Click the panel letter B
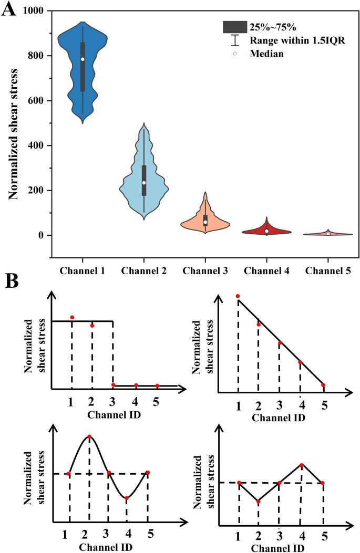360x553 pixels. click(12, 281)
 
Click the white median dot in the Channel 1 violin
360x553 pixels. click(83, 59)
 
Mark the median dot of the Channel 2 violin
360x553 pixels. click(144, 183)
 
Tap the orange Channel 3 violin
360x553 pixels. click(205, 223)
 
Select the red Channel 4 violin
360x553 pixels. click(266, 231)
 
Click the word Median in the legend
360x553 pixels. click(267, 54)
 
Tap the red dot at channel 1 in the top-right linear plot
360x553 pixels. click(238, 296)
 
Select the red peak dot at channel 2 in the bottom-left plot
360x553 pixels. click(89, 437)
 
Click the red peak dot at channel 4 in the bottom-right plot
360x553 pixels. click(302, 465)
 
